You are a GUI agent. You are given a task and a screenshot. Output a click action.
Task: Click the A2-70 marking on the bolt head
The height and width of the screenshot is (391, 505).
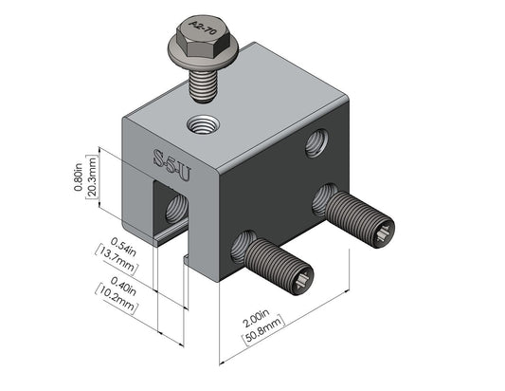(203, 28)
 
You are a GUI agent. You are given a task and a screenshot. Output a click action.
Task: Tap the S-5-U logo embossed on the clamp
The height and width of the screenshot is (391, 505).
(171, 164)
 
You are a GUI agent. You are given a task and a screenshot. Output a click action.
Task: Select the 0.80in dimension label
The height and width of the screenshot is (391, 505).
(79, 177)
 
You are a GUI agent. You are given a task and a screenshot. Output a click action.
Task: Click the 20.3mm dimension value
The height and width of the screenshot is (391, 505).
(92, 177)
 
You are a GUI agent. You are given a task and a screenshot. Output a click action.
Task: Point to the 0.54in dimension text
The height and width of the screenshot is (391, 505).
(123, 247)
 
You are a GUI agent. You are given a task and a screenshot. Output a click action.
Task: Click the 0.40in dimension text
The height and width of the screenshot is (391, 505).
(123, 287)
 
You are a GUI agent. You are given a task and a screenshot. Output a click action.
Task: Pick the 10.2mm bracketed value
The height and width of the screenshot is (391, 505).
(117, 298)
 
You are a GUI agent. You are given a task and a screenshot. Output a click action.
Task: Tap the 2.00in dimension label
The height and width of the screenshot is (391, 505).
(256, 319)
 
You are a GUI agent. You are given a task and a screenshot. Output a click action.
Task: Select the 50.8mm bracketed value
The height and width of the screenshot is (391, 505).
(263, 329)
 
